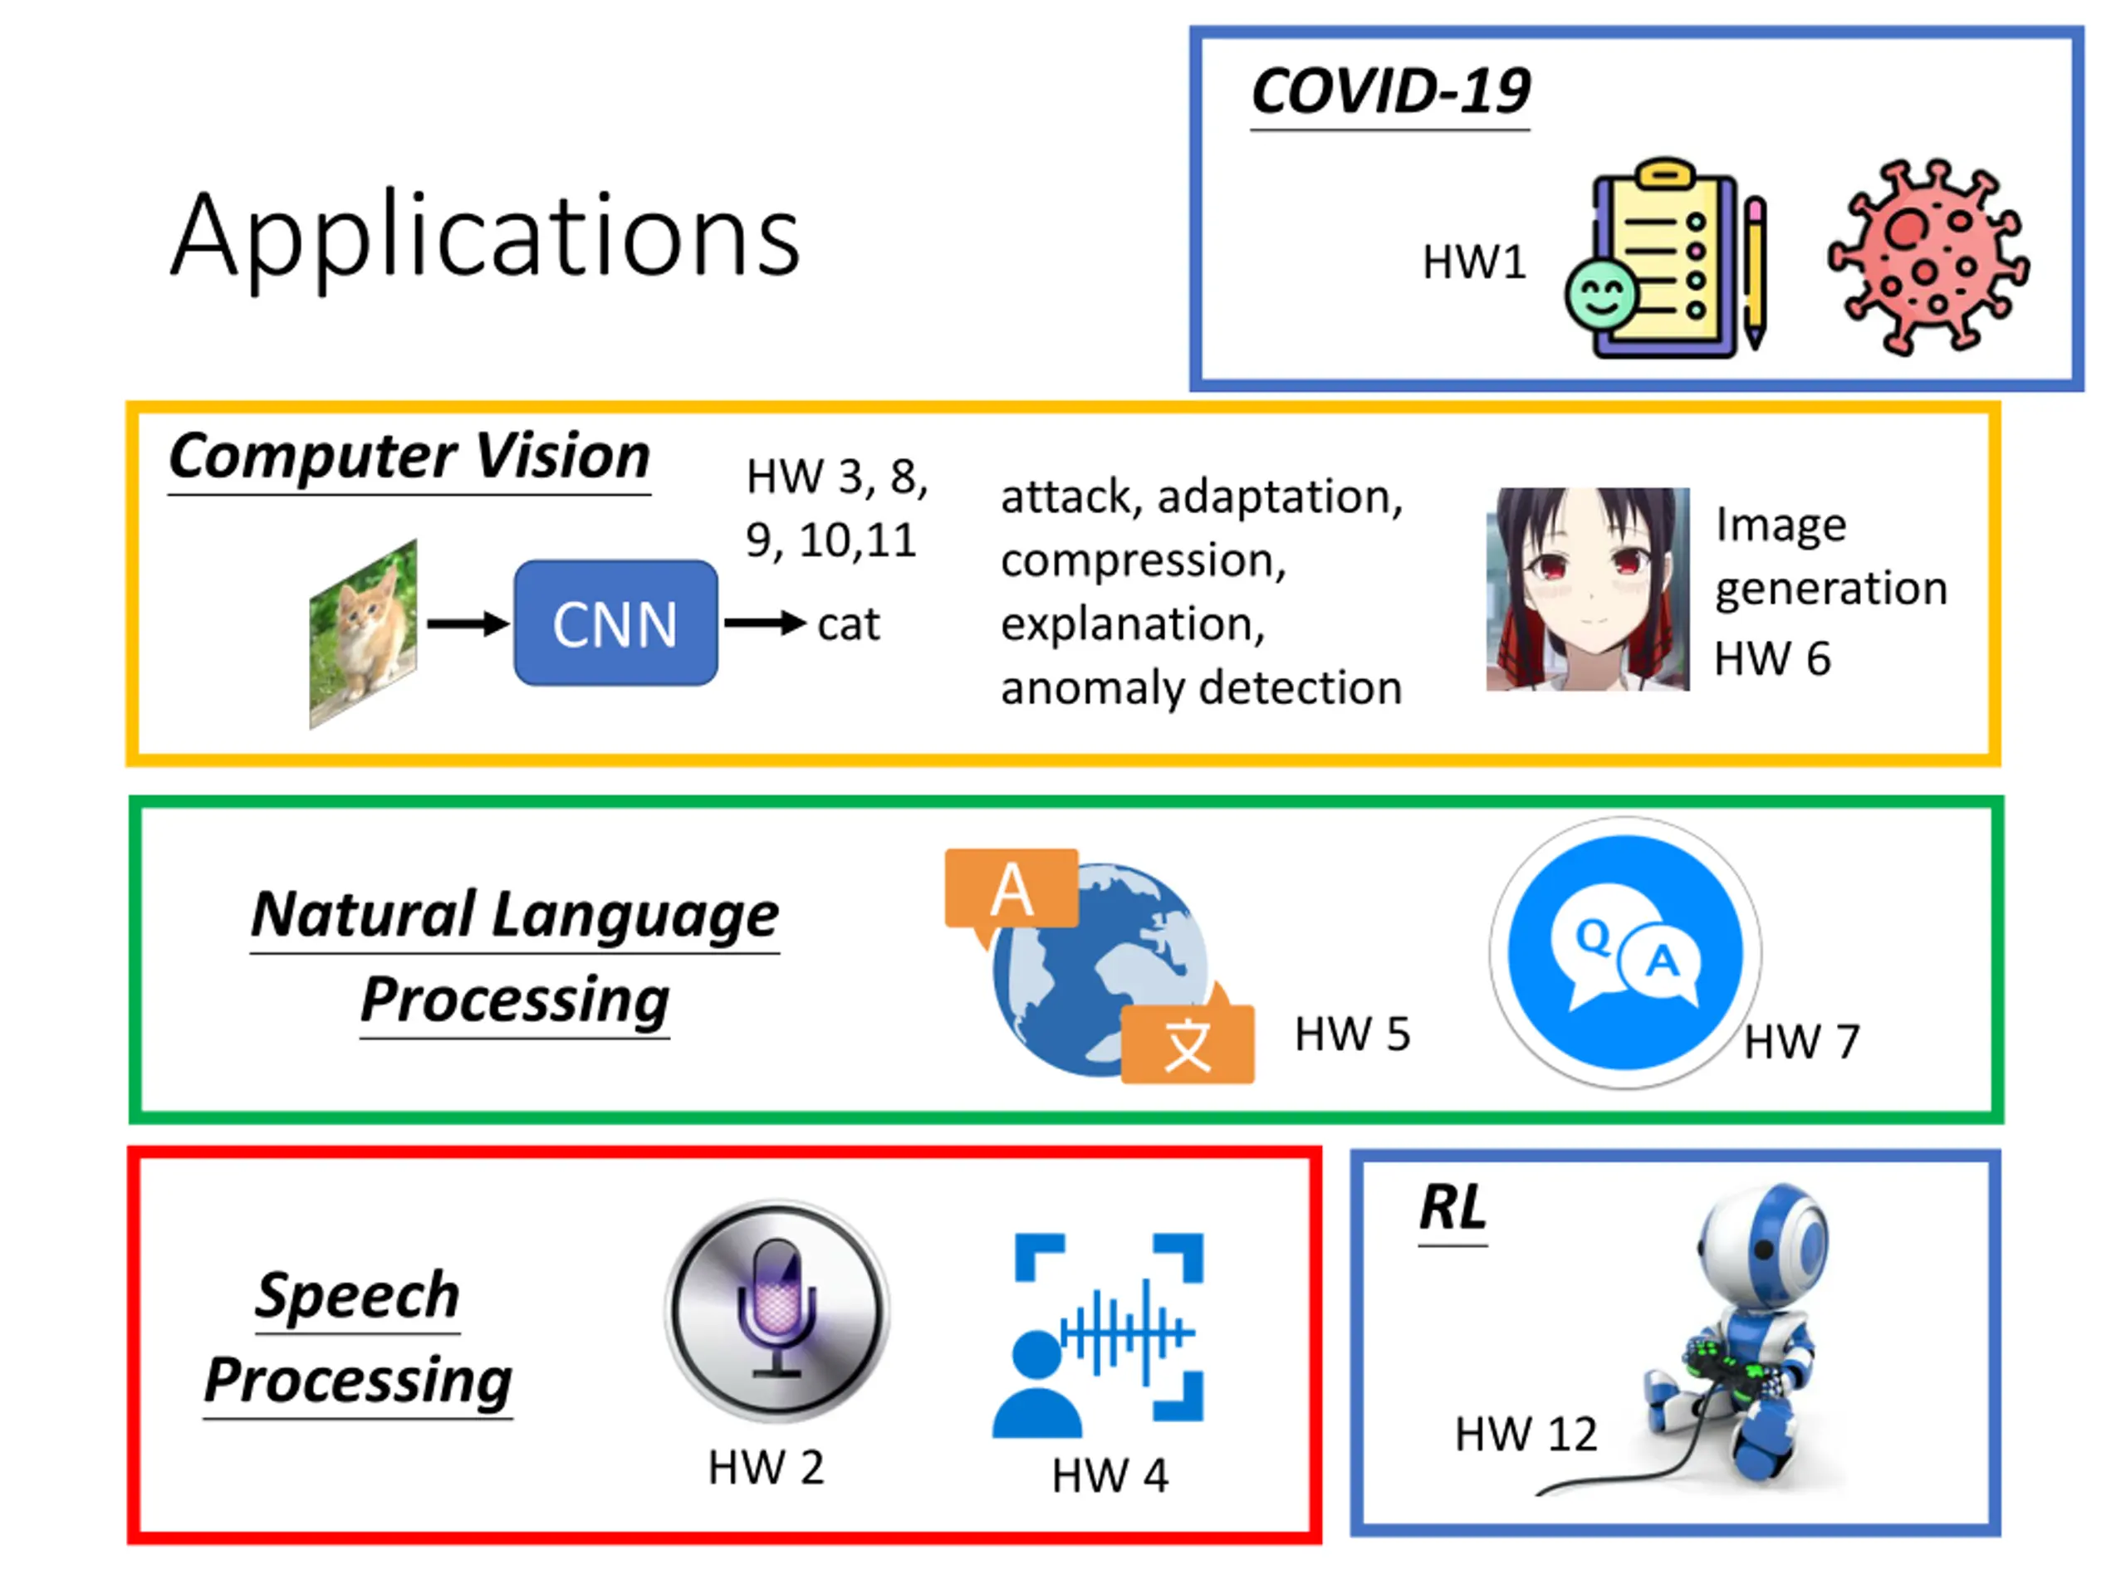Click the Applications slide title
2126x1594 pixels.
[x=485, y=236]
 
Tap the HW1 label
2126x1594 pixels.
[x=1473, y=262]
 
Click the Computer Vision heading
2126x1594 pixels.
[x=409, y=456]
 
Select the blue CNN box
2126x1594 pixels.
[x=615, y=623]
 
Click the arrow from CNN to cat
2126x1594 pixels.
[x=764, y=623]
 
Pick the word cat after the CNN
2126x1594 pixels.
[x=848, y=624]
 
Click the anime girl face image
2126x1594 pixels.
[x=1587, y=589]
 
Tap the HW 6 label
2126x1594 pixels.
[x=1772, y=659]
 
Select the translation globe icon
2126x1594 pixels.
[x=1100, y=966]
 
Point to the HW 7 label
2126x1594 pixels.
[x=1802, y=1042]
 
